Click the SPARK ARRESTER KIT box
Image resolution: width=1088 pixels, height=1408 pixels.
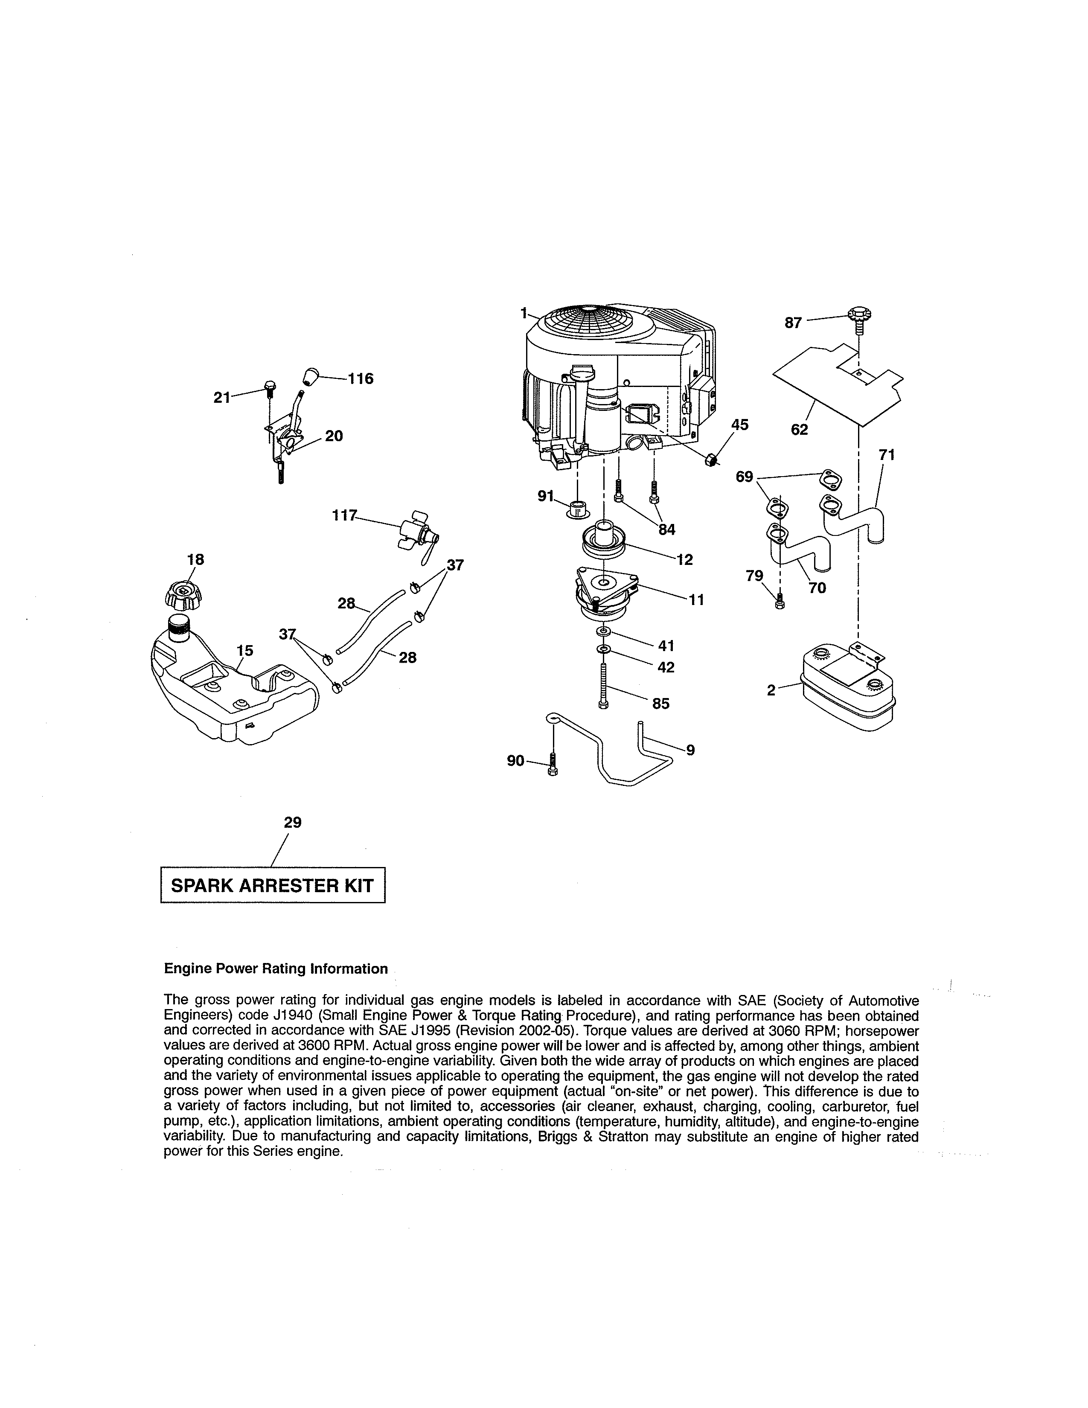pos(272,885)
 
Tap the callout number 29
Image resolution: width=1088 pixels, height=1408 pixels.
pos(293,822)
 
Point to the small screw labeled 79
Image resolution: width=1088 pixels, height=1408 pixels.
pos(780,603)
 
